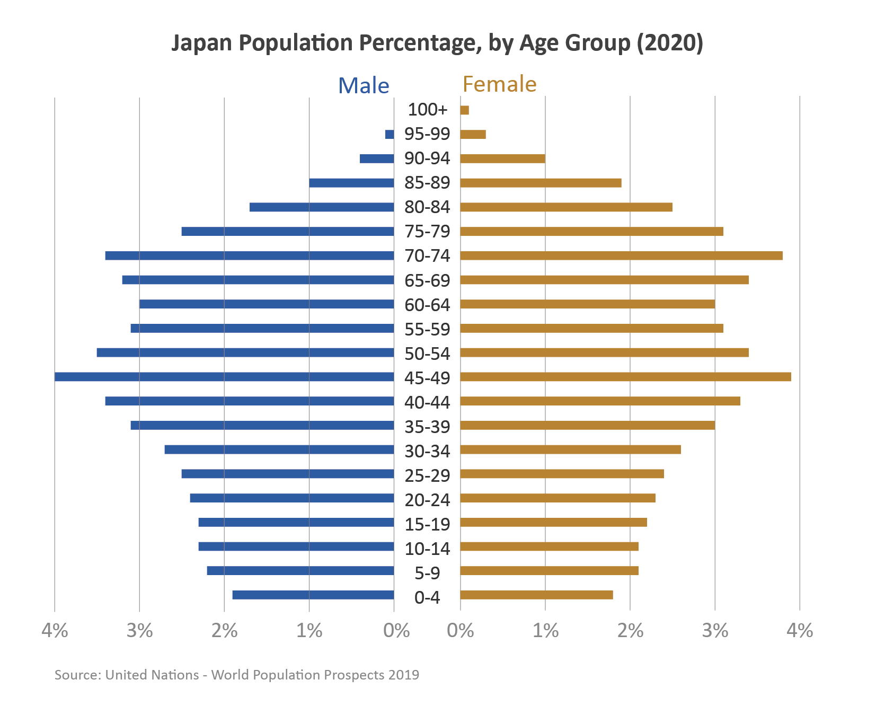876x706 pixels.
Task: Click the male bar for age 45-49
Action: pyautogui.click(x=224, y=377)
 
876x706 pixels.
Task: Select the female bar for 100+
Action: pyautogui.click(x=465, y=110)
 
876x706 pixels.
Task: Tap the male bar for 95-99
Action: pyautogui.click(x=390, y=135)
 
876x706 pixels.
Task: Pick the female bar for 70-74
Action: pyautogui.click(x=621, y=256)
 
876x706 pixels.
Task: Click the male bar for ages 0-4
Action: pyautogui.click(x=313, y=595)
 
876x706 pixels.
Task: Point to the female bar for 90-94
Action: pyautogui.click(x=502, y=158)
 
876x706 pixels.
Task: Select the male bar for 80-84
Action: pyautogui.click(x=322, y=207)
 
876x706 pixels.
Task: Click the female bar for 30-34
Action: pyautogui.click(x=570, y=450)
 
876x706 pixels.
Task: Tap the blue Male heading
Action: pyautogui.click(x=364, y=86)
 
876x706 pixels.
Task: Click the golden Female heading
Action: pyautogui.click(x=499, y=84)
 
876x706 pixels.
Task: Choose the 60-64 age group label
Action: pyautogui.click(x=427, y=305)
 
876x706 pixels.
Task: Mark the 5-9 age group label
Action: pyautogui.click(x=427, y=573)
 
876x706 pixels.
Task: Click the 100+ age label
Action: pyautogui.click(x=427, y=110)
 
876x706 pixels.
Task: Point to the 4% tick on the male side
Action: pyautogui.click(x=55, y=631)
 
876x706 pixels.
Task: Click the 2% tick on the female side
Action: pyautogui.click(x=630, y=631)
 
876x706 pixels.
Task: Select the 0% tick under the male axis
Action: pyautogui.click(x=396, y=631)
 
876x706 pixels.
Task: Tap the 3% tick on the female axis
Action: pyautogui.click(x=715, y=631)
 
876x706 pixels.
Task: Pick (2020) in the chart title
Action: pyautogui.click(x=670, y=43)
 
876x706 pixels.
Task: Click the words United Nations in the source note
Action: pyautogui.click(x=152, y=675)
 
